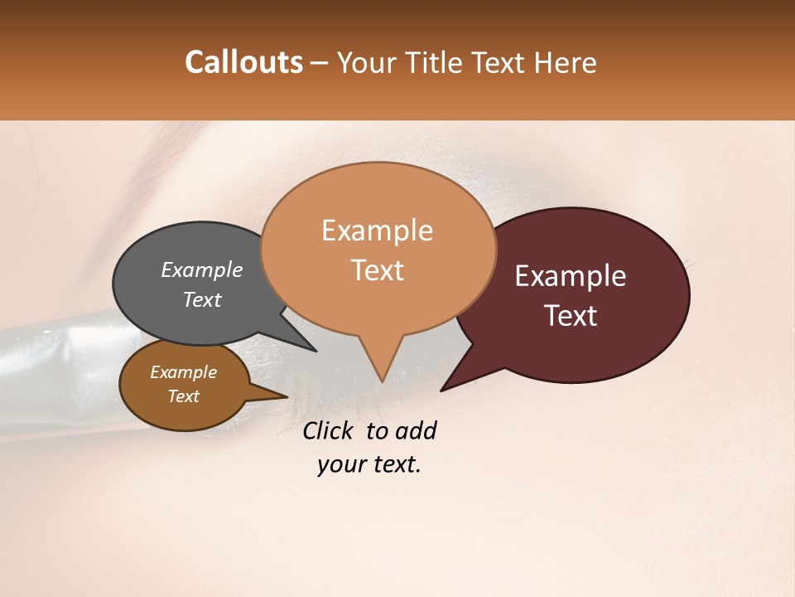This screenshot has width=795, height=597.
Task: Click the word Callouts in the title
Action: coord(243,62)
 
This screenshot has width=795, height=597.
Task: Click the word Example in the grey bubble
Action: coord(201,269)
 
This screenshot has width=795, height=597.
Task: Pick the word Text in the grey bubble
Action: coord(201,299)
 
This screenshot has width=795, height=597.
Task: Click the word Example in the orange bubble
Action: coord(377,231)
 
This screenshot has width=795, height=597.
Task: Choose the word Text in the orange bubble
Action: coord(377,270)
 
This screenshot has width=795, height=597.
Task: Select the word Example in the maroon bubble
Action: coord(571,276)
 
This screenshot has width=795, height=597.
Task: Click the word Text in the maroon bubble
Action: coord(571,316)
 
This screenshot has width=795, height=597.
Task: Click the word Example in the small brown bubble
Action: coord(183,372)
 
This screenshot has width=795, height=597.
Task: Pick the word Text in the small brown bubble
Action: coord(183,396)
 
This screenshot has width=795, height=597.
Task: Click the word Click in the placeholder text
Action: coord(330,430)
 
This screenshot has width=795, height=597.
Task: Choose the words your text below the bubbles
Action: coord(369,464)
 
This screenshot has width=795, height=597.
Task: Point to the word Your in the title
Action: coord(365,63)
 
